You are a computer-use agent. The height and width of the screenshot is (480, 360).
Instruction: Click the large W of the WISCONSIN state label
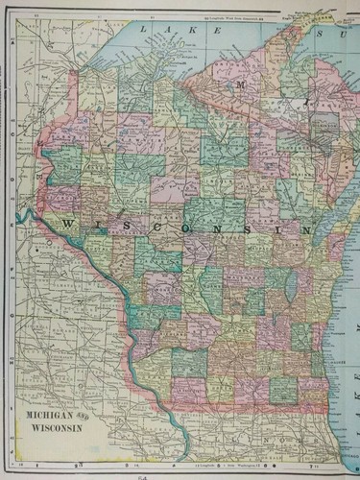(x=68, y=223)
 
